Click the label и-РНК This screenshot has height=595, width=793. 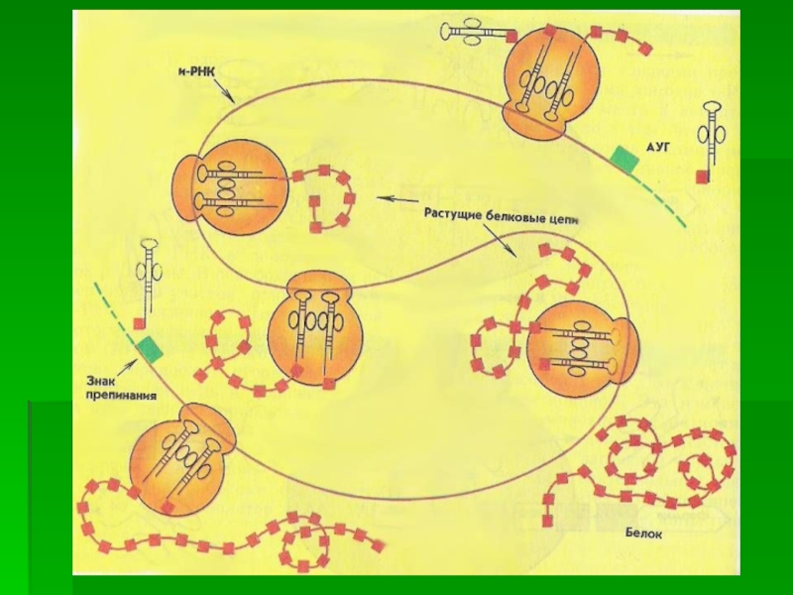[196, 73]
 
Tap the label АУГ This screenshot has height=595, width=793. [659, 146]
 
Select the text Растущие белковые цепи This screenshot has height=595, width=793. [501, 212]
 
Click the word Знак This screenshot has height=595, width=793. [106, 377]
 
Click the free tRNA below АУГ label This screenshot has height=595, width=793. [713, 134]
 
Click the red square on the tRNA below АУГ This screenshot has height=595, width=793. [702, 177]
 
